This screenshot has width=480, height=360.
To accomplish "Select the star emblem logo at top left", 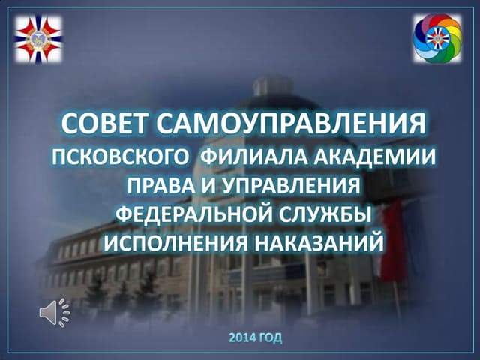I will point(39,40).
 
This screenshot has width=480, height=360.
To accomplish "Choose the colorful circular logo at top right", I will point(437,37).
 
